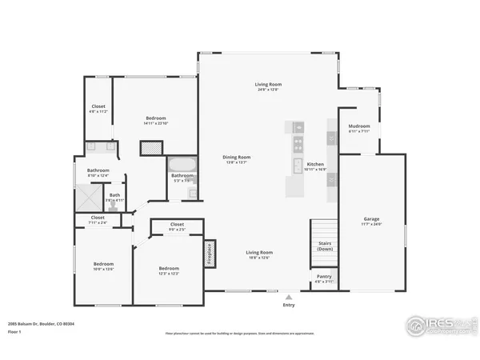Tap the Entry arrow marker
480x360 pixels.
coord(289,295)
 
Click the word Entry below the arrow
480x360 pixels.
coord(289,305)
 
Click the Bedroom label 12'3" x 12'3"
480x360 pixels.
coord(168,270)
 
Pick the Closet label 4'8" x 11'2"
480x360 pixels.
coord(98,108)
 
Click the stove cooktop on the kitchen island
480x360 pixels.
coord(298,145)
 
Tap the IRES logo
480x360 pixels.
coord(437,325)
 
